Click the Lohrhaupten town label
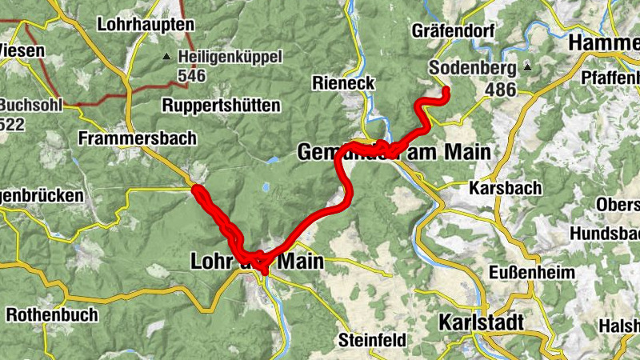pyautogui.click(x=146, y=25)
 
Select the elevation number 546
pyautogui.click(x=193, y=77)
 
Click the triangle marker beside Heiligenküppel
pyautogui.click(x=166, y=57)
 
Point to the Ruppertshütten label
pyautogui.click(x=221, y=106)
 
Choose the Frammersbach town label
pyautogui.click(x=138, y=138)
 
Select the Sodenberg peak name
pyautogui.click(x=472, y=68)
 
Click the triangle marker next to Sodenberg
pyautogui.click(x=527, y=68)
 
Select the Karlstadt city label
pyautogui.click(x=482, y=322)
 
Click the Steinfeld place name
pyautogui.click(x=372, y=340)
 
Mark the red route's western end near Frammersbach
pyautogui.click(x=196, y=190)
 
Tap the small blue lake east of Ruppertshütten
pyautogui.click(x=274, y=161)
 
